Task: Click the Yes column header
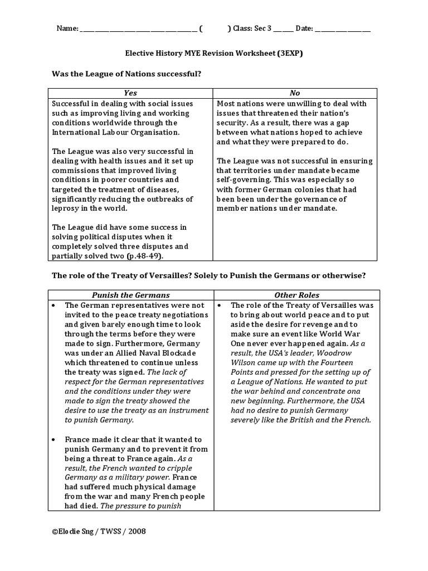point(130,93)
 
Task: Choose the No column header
point(295,93)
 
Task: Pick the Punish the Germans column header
point(130,295)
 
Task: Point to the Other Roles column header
point(296,295)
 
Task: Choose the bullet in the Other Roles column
point(220,306)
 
